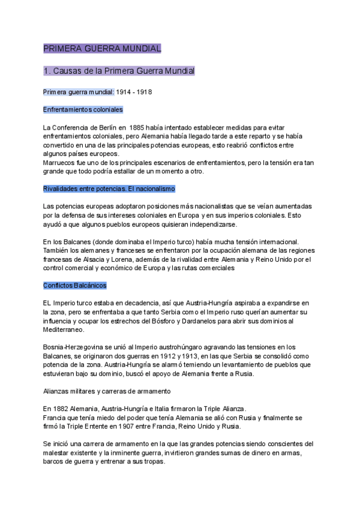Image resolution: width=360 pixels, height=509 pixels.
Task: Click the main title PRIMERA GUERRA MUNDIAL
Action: pyautogui.click(x=102, y=48)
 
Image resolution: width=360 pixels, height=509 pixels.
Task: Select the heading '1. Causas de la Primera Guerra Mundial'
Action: pyautogui.click(x=119, y=71)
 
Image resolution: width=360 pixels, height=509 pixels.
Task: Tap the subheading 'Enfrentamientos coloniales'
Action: pyautogui.click(x=83, y=110)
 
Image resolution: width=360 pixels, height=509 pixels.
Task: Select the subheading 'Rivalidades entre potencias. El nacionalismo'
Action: pyautogui.click(x=109, y=188)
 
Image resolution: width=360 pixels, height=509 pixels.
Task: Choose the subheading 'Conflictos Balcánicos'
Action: pyautogui.click(x=74, y=285)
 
